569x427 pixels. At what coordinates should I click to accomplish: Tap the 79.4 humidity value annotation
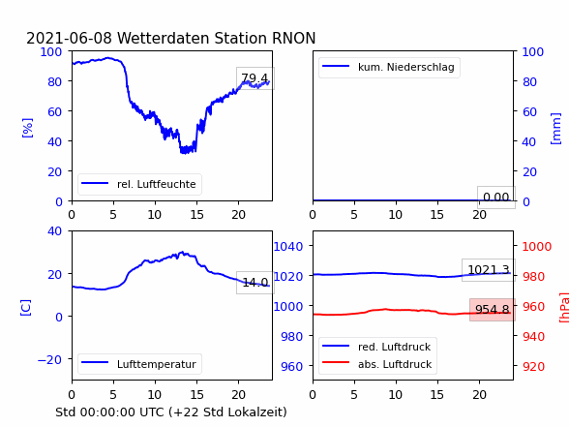[255, 78]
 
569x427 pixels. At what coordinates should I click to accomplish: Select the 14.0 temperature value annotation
[255, 282]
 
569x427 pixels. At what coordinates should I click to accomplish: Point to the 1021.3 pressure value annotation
[489, 270]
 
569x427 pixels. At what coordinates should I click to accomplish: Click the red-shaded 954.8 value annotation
[492, 310]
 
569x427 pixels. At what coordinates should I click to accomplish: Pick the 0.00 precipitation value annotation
[496, 198]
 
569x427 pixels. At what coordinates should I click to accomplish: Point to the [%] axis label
[27, 128]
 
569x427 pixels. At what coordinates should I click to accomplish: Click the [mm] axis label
[555, 129]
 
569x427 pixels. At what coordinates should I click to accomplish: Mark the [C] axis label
[26, 308]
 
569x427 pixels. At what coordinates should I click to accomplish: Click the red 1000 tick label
[537, 247]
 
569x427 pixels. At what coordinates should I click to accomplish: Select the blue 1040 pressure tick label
[288, 247]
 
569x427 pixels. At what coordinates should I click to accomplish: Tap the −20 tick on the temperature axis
[49, 360]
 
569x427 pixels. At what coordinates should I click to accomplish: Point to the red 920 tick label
[533, 366]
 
